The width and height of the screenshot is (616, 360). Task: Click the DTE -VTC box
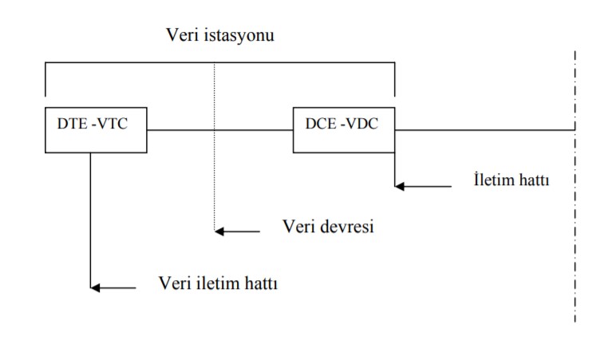tap(96, 129)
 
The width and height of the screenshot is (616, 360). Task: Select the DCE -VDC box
tap(344, 129)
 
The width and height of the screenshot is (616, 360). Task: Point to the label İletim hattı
tap(511, 178)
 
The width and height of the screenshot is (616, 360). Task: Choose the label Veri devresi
tap(329, 226)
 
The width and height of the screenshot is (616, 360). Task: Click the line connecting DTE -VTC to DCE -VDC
tap(220, 129)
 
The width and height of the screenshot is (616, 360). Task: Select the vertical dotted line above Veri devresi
tap(215, 176)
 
